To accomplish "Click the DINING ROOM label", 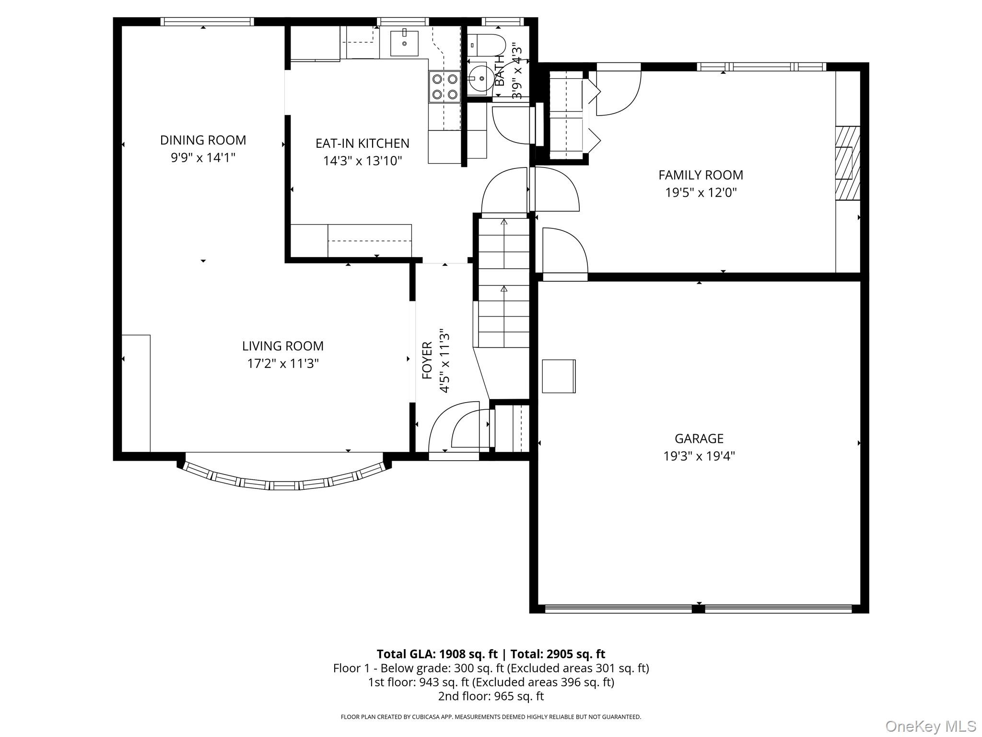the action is pos(203,140).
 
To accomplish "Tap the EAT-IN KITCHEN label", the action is pos(362,143).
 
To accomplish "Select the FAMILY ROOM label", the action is pos(701,175).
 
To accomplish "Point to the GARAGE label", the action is pos(699,439).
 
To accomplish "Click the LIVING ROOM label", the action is pos(283,346).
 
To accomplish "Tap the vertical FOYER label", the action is pos(427,360).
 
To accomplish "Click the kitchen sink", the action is pos(404,43).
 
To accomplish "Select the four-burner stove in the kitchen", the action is pos(444,87).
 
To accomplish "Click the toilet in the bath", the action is pos(486,45).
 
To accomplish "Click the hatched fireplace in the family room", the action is pos(848,163).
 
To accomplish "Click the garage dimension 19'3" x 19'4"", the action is pos(699,456).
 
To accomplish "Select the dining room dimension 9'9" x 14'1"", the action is pos(203,157).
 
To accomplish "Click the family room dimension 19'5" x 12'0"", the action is pos(701,192).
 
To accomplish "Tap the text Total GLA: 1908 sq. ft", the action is pos(437,654).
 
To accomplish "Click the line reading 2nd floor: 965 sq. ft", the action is pos(491,696).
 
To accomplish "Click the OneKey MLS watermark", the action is pos(931,726).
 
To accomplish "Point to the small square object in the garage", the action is pos(559,376).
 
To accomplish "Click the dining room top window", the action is pos(207,22).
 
